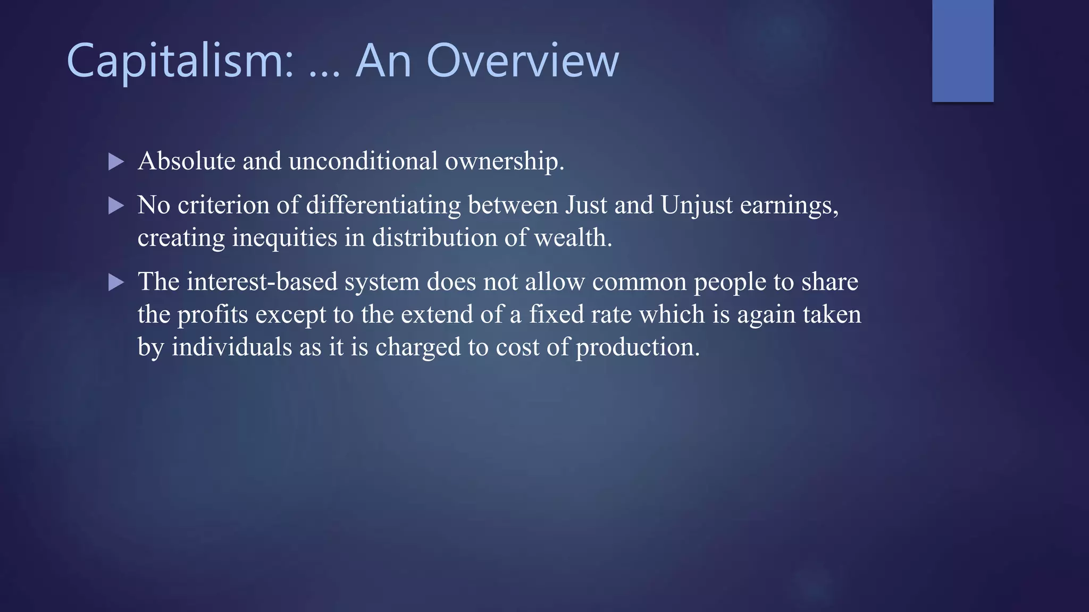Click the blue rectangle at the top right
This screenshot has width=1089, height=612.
click(962, 51)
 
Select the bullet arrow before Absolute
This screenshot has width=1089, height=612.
click(116, 161)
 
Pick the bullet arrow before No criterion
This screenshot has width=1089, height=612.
click(116, 206)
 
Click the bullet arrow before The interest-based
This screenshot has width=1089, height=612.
click(116, 282)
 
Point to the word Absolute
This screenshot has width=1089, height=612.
click(186, 161)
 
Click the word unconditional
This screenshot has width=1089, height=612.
click(363, 161)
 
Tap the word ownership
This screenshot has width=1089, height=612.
click(504, 162)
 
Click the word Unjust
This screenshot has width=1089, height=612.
click(697, 206)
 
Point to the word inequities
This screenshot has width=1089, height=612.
click(284, 238)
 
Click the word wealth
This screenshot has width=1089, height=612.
click(573, 237)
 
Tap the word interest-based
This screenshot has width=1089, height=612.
click(262, 282)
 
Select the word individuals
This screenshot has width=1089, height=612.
click(231, 347)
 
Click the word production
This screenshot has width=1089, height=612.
click(638, 348)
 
